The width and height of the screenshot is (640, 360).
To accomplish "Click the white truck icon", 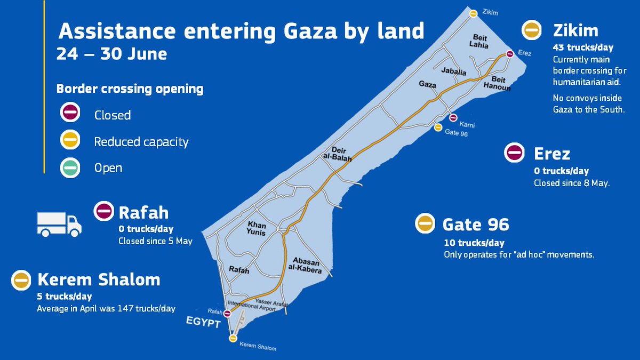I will point(59,224).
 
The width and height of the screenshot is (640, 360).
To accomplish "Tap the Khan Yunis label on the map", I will point(257,228).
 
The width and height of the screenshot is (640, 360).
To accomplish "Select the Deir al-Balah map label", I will point(335,153).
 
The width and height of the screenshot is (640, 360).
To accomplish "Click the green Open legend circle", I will point(70,167).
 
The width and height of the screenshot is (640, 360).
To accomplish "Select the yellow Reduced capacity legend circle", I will point(70,141).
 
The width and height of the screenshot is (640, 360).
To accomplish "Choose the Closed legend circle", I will point(70,114).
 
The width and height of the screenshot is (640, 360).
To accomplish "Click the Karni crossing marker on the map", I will point(453,118).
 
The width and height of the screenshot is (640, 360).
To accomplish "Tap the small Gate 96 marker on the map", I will point(438,127).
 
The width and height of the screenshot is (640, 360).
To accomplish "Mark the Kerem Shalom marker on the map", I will point(233,338).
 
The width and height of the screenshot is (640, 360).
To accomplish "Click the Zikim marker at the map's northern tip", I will point(473,14).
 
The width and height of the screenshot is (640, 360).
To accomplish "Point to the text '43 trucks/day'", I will point(575,47).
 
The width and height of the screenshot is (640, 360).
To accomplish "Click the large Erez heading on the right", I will point(552,154).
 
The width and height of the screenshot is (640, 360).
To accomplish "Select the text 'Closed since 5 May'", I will point(155,241).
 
